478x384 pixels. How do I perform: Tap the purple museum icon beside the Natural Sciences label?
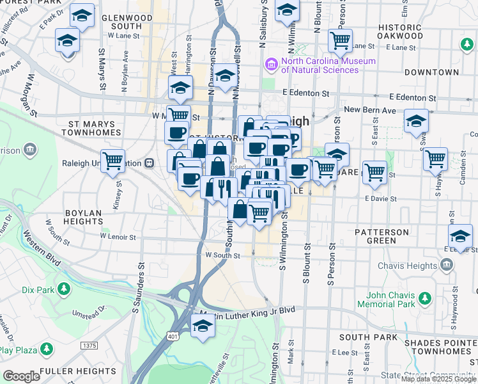click(x=271, y=65)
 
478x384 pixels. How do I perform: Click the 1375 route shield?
click(x=89, y=346)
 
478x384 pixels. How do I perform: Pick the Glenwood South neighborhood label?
click(x=117, y=22)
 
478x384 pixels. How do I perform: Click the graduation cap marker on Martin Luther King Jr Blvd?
click(x=203, y=326)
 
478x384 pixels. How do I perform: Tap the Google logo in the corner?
click(x=21, y=376)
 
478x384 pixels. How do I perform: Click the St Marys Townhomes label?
click(x=91, y=128)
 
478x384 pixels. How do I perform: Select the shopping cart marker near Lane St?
click(x=340, y=41)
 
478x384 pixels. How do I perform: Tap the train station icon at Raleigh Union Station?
click(x=149, y=163)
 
